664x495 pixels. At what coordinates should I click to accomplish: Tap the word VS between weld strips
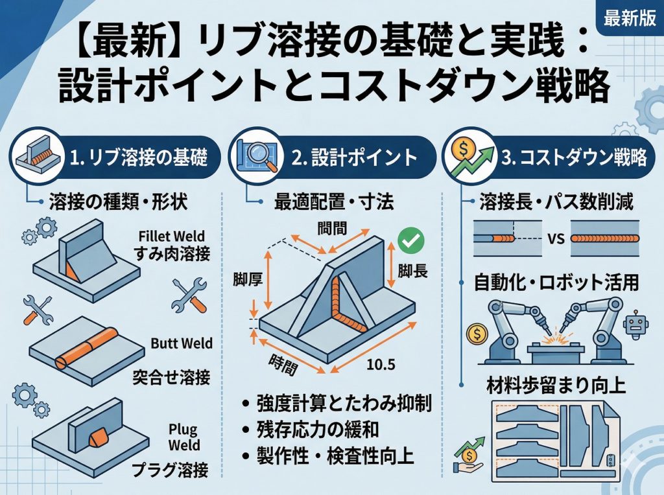[553, 237]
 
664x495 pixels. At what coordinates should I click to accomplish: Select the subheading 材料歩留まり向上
[556, 386]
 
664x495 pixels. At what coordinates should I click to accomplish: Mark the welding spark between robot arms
[554, 339]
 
